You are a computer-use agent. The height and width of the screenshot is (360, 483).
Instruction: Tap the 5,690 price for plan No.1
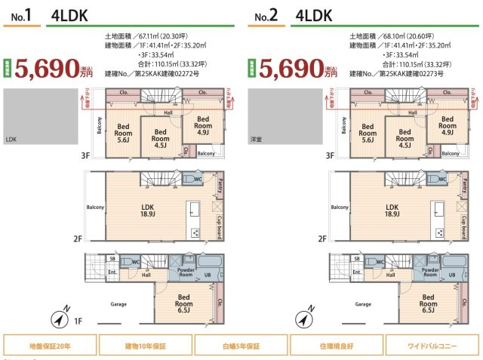51,69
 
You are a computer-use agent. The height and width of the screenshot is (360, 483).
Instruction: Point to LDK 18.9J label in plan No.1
147,211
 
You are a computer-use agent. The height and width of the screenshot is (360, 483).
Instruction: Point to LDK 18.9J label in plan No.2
392,211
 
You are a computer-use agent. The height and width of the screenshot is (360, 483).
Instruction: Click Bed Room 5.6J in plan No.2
368,134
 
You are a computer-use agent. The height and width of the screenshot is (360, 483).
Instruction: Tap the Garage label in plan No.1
118,304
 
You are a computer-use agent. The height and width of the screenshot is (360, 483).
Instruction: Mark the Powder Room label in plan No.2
430,272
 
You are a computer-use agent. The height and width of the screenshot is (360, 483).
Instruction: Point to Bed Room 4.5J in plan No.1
160,137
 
